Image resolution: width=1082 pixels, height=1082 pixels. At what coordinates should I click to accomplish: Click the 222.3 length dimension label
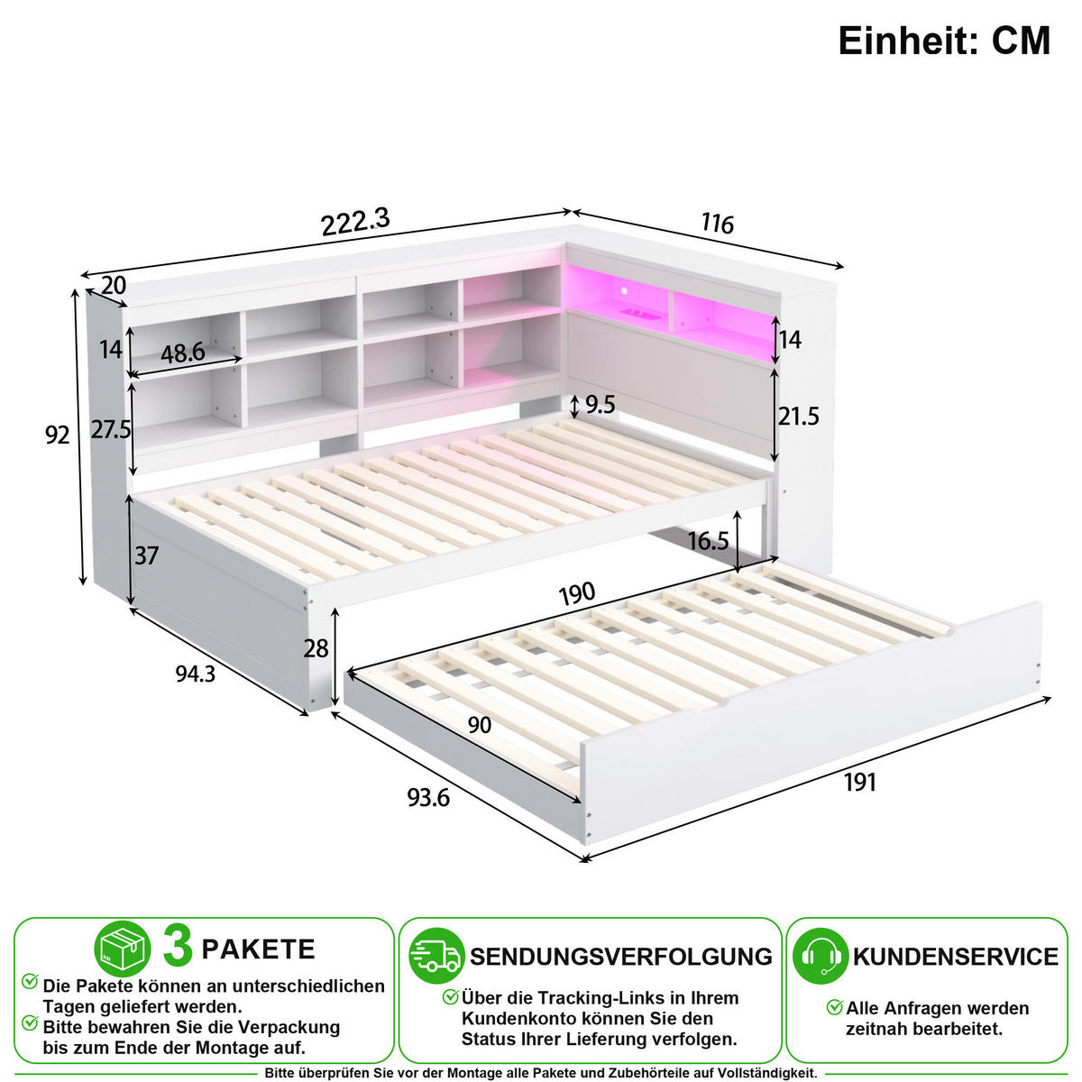tap(355, 222)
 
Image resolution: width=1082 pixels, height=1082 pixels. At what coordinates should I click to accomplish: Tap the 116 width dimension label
tap(717, 224)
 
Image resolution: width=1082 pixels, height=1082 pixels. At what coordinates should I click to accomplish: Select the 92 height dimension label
tap(58, 436)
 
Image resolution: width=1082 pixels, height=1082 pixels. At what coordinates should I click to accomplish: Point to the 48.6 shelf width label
tap(183, 353)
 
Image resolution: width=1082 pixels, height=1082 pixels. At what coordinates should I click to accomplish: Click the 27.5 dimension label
tap(111, 429)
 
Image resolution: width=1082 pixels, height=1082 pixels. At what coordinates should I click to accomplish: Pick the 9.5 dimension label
tap(601, 405)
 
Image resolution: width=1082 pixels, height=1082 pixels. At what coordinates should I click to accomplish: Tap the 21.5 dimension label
tap(798, 416)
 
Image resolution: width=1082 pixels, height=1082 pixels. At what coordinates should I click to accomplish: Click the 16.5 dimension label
tap(708, 541)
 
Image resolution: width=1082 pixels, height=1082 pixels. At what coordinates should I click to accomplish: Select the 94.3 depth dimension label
tap(196, 674)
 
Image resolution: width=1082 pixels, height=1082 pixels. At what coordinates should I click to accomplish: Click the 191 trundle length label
tap(859, 782)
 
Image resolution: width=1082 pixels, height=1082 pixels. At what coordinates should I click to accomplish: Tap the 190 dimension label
tap(577, 593)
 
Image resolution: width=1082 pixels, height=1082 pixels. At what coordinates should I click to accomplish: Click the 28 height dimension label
tap(316, 648)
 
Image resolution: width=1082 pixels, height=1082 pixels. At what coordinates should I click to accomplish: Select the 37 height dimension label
tap(147, 556)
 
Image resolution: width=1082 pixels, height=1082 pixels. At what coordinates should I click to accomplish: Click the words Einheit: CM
tap(944, 41)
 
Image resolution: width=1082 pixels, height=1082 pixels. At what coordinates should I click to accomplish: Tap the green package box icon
tap(123, 949)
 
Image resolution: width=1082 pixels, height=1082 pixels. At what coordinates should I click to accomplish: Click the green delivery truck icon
tap(436, 956)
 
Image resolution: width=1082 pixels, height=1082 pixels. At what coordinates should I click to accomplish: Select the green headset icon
tap(821, 956)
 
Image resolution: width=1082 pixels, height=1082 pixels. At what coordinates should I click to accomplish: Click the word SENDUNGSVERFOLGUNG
tap(621, 957)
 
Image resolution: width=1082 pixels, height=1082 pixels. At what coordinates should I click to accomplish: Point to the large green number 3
tap(178, 948)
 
